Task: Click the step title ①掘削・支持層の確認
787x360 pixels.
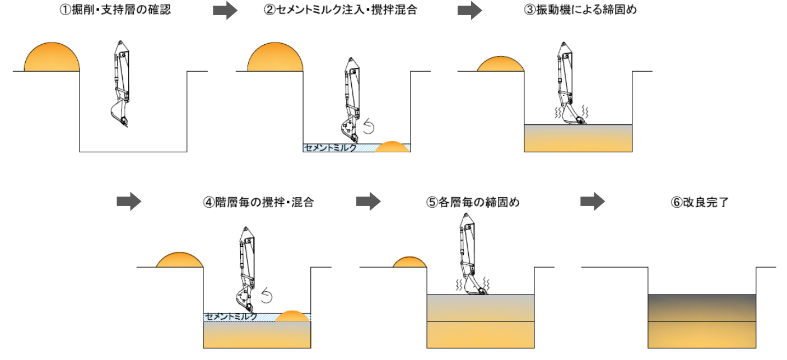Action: point(115,11)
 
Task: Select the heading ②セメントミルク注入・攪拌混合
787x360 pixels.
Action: point(341,11)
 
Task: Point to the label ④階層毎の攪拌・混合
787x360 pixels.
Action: point(258,202)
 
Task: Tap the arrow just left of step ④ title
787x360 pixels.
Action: point(129,202)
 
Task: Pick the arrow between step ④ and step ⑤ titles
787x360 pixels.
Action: point(368,202)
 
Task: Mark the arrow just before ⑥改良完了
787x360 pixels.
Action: point(592,202)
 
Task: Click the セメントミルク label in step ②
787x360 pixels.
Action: point(330,148)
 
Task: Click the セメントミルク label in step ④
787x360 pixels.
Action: point(230,317)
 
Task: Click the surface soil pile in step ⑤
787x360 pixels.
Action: point(409,262)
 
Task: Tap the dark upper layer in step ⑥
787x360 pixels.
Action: point(702,307)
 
